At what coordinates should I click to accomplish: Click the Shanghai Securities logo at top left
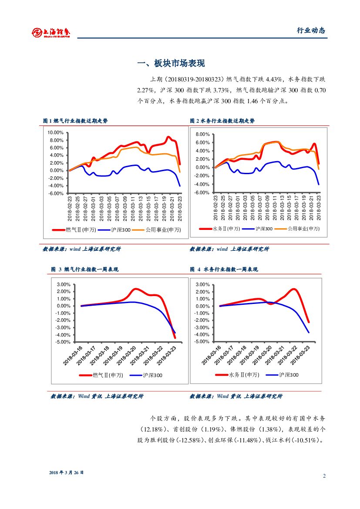click(51, 32)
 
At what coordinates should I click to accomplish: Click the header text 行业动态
click(311, 30)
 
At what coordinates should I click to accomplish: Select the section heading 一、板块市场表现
click(171, 64)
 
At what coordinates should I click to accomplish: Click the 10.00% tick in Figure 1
click(55, 132)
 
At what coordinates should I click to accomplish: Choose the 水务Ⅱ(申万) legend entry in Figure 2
click(220, 229)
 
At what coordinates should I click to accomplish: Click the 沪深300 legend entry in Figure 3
click(147, 375)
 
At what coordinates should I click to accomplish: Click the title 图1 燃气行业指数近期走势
click(75, 121)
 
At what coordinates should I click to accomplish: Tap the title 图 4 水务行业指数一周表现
click(224, 270)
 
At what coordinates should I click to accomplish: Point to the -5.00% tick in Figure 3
click(64, 342)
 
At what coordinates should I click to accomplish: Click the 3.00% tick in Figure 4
click(203, 285)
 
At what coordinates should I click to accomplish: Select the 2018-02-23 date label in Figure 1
click(70, 207)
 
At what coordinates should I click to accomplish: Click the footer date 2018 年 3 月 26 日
click(66, 472)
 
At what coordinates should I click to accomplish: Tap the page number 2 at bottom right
click(324, 476)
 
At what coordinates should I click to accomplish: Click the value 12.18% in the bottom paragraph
click(152, 429)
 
